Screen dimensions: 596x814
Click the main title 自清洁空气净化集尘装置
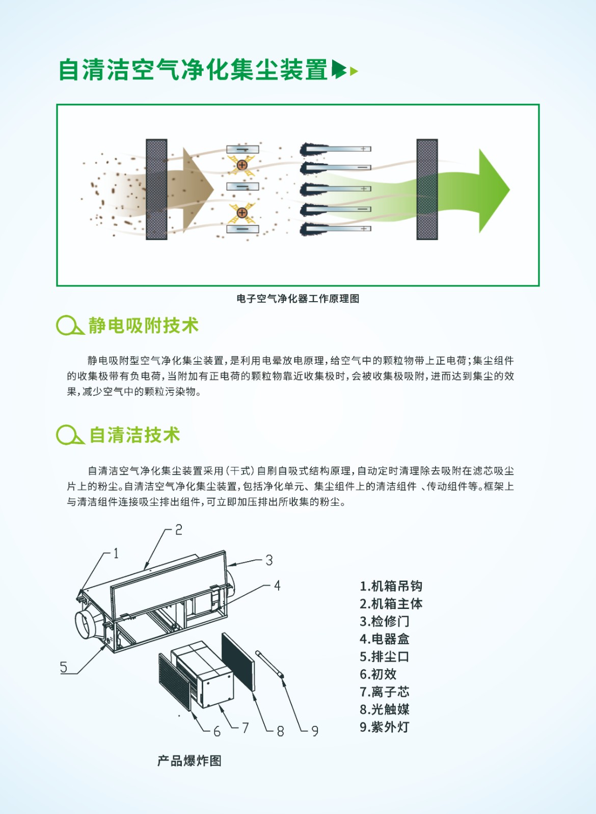click(x=193, y=70)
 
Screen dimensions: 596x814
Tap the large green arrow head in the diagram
click(x=493, y=190)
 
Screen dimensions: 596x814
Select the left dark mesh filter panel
click(x=156, y=189)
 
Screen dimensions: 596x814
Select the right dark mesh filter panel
click(x=427, y=189)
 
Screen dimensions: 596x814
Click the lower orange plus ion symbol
click(x=241, y=213)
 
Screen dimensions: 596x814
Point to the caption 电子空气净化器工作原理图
click(x=297, y=299)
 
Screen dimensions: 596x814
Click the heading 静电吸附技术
click(x=143, y=325)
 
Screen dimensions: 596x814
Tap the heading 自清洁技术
click(x=134, y=435)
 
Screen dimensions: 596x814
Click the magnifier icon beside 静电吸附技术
click(x=70, y=325)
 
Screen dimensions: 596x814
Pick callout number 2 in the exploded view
click(x=179, y=530)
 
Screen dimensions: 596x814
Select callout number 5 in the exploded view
click(x=64, y=667)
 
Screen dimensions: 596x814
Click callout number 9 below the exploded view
click(x=315, y=731)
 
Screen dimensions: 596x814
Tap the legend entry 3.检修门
click(x=385, y=621)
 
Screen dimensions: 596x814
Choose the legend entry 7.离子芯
click(x=385, y=692)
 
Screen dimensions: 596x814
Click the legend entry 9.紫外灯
click(x=385, y=727)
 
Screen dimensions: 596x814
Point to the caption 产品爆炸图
click(x=189, y=761)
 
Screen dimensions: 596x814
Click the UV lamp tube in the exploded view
click(x=269, y=664)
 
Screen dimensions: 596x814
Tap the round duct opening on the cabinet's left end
click(x=87, y=626)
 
